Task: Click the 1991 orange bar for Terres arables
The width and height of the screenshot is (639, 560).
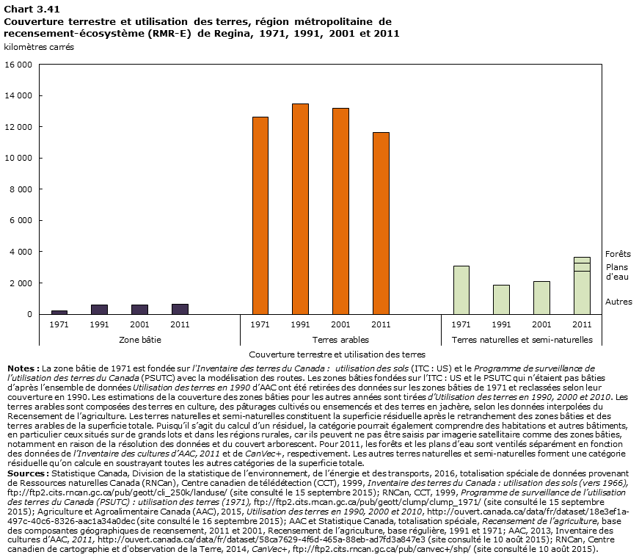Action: tap(300, 209)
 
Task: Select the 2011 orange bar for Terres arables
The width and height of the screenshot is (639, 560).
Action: tap(380, 223)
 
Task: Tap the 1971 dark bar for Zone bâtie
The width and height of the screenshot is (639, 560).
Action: tap(59, 312)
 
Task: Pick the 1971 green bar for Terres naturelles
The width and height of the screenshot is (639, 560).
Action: tap(461, 290)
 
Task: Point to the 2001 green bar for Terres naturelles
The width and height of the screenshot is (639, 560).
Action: tap(541, 297)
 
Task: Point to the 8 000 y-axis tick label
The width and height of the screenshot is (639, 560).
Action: tap(18, 189)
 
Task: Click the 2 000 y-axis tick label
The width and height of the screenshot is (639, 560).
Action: tap(18, 283)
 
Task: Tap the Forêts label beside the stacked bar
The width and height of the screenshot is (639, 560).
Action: tap(618, 254)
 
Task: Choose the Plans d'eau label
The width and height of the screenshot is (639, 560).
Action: tap(617, 272)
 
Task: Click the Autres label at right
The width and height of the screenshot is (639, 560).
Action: tap(618, 302)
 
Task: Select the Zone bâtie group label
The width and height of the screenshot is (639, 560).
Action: tap(139, 340)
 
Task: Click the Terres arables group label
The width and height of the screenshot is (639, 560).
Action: tap(340, 340)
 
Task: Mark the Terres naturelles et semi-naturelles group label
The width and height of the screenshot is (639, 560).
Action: tap(522, 340)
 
